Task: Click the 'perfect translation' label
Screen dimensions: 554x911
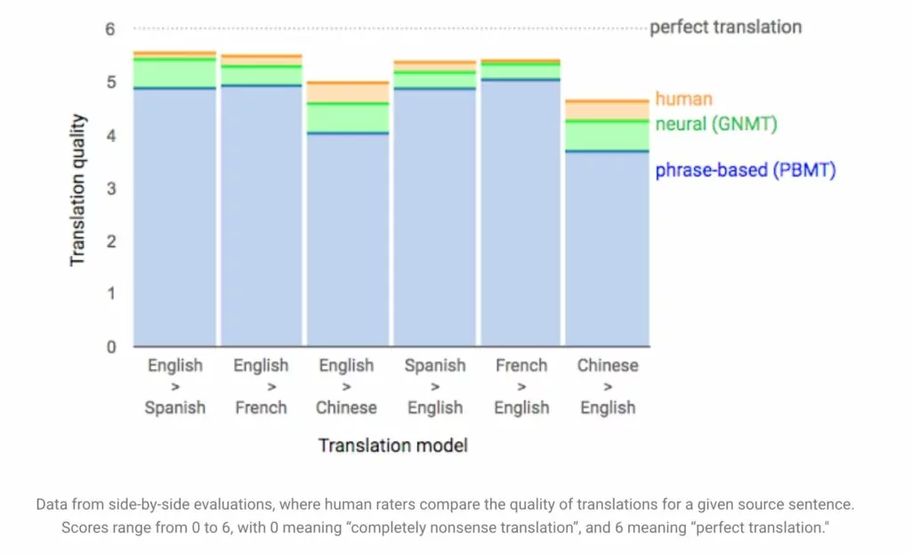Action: coord(725,27)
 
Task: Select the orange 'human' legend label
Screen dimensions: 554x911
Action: coord(683,99)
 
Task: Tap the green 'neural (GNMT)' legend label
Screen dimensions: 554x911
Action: coord(716,124)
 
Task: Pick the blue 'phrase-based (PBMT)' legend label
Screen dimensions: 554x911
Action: coord(746,170)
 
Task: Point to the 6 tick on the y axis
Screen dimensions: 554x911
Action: coord(110,28)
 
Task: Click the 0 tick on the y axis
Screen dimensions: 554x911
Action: coord(110,347)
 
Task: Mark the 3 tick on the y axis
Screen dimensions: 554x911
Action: coord(110,189)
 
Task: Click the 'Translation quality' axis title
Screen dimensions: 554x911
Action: coord(78,189)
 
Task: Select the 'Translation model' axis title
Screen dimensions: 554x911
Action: coord(393,445)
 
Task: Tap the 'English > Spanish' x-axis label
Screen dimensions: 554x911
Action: coord(175,386)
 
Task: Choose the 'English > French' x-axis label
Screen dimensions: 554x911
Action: coord(261,386)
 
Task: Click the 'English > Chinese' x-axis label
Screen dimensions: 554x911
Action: coord(346,386)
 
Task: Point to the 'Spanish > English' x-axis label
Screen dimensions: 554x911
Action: coord(434,386)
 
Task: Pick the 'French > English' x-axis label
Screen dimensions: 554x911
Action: coord(521,386)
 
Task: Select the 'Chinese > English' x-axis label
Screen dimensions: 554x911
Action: coord(608,386)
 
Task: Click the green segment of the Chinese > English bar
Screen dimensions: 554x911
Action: coord(608,135)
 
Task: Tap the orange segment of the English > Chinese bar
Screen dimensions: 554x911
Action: coord(348,92)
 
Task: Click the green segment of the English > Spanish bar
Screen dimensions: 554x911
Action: coord(175,73)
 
